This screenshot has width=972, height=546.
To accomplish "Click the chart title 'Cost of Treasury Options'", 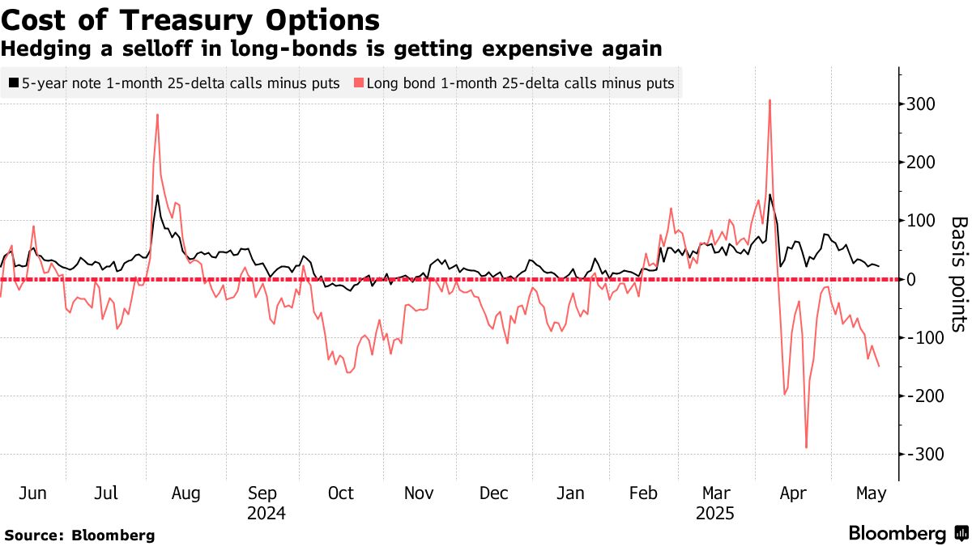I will pos(191,19).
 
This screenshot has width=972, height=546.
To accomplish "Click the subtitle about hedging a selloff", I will pos(331,49).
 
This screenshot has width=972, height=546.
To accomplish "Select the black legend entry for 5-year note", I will pos(174,83).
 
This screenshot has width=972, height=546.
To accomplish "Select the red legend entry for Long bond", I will pos(515,83).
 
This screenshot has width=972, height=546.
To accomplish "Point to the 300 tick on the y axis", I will pos(921,104).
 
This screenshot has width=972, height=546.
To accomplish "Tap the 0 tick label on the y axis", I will pos(913,279).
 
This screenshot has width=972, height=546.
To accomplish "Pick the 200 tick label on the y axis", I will pos(921,163).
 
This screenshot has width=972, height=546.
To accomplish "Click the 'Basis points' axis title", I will pos(958,273).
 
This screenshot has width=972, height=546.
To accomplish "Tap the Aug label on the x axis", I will pos(185,493).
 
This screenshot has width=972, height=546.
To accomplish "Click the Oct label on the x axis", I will pos(341,493).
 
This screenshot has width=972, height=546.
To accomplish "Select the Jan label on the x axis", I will pos(571,493).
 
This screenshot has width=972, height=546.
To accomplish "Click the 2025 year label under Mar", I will pos(716,514).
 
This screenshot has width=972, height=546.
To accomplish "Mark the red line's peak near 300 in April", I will pos(769,100).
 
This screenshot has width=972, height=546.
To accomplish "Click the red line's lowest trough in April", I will pos(806,447).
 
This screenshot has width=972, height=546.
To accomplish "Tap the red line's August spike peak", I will pos(157,115).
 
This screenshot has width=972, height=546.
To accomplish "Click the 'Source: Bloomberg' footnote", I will pos(79,535).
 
